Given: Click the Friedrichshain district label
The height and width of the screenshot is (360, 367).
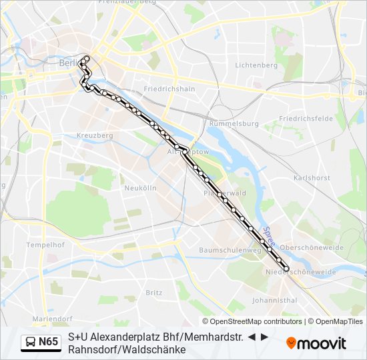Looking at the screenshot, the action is (x=169, y=89).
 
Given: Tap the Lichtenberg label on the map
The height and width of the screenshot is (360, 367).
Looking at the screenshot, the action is (x=256, y=65).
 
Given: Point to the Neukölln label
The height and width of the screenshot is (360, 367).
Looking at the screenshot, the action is (x=140, y=188).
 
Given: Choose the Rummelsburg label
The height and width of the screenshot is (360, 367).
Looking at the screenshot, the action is (x=234, y=124).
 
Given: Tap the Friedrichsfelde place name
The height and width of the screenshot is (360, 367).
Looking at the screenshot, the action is (x=306, y=119).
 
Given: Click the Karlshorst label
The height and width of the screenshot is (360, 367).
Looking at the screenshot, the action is (x=312, y=178).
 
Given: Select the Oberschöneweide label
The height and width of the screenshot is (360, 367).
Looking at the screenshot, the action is (x=312, y=247).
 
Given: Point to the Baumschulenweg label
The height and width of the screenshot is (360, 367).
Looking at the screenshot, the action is (x=230, y=250).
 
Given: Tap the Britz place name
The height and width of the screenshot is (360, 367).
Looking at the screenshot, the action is (x=153, y=292).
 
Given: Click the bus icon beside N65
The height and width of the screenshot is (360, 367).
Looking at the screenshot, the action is (x=30, y=343).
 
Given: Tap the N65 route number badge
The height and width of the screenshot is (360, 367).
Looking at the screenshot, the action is (x=48, y=343).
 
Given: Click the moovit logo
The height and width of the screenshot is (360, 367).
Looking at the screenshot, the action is (x=316, y=343).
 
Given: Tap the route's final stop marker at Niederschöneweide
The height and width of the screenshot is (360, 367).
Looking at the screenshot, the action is (x=286, y=269).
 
